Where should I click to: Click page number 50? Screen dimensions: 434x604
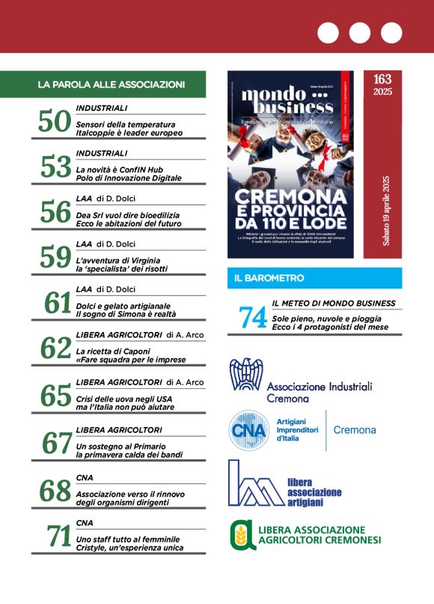coord(55,122)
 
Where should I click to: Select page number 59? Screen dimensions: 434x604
coord(55,257)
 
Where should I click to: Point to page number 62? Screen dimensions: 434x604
coord(55,348)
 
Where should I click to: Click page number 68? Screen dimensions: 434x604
coord(55,490)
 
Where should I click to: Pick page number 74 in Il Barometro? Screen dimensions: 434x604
coord(254,318)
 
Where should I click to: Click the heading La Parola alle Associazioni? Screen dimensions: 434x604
coord(111,85)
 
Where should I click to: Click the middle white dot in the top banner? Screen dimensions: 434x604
coord(359,32)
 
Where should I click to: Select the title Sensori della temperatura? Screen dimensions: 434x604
coord(126,124)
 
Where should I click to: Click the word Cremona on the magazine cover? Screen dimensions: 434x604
coord(290,196)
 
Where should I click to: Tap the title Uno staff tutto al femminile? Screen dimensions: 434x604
coord(128,539)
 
